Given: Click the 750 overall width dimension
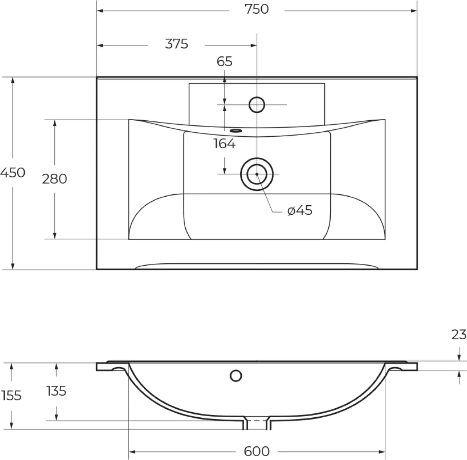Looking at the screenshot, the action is coord(257,9).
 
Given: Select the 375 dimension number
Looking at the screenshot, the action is coord(177,44).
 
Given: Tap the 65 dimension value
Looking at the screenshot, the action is coord(224,62).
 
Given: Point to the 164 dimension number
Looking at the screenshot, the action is coord(224,144).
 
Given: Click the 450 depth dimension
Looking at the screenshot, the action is coord(13,173).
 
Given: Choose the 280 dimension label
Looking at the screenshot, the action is coord(54,179).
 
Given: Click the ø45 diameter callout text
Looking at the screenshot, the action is coord(300,211).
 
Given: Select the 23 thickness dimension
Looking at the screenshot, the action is coord(459,335).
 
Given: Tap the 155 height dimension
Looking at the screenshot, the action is coord(11,396).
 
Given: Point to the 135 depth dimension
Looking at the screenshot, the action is coord(56,391).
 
